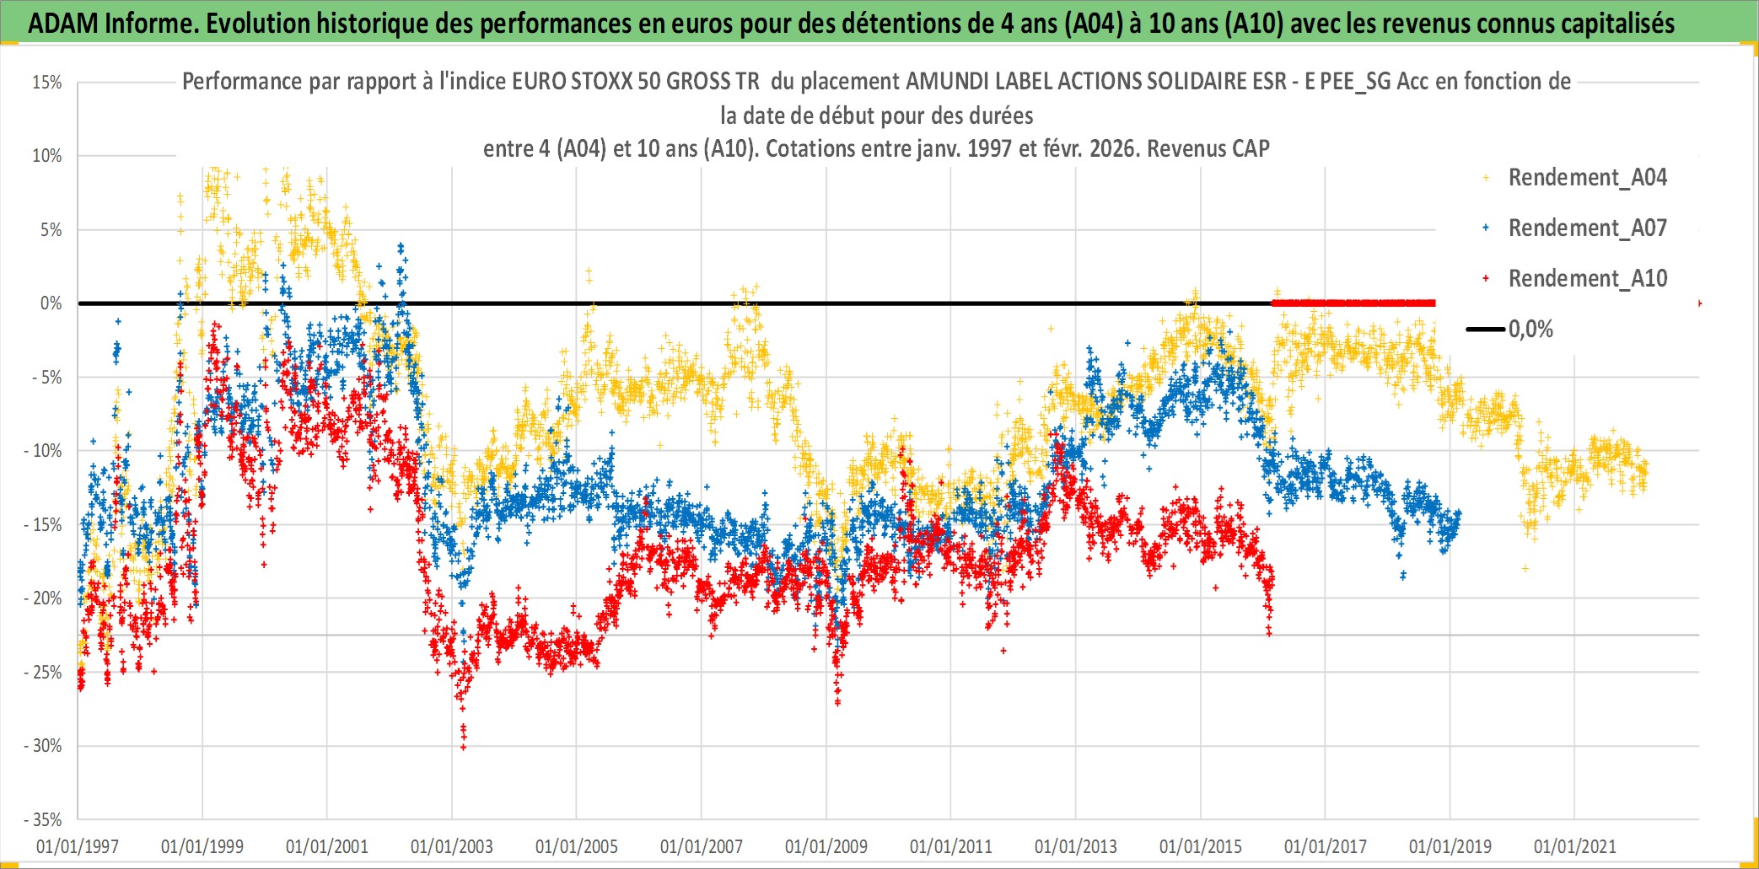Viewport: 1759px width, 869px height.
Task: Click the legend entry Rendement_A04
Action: pyautogui.click(x=1587, y=178)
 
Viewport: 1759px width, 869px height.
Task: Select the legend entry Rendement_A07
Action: pyautogui.click(x=1587, y=228)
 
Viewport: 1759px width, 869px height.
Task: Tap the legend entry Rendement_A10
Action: pyautogui.click(x=1587, y=279)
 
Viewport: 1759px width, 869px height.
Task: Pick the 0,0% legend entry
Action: pyautogui.click(x=1530, y=330)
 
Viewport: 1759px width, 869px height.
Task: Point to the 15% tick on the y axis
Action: pyautogui.click(x=47, y=83)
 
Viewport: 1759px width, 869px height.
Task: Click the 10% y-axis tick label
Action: pyautogui.click(x=47, y=156)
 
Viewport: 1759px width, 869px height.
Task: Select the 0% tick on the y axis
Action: pyautogui.click(x=51, y=303)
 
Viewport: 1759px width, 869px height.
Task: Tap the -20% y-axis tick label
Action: pyautogui.click(x=44, y=598)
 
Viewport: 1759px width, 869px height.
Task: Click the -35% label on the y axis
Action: pyautogui.click(x=44, y=819)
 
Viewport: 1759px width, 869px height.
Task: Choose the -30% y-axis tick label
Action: pyautogui.click(x=44, y=746)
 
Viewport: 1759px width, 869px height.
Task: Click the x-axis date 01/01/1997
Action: pyautogui.click(x=78, y=846)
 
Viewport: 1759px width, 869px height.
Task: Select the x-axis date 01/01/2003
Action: pyautogui.click(x=452, y=846)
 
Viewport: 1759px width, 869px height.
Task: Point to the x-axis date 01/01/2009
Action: pyautogui.click(x=826, y=846)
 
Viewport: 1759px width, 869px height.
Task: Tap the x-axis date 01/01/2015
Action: pyautogui.click(x=1201, y=846)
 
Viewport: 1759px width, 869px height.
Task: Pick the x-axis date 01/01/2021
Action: pyautogui.click(x=1575, y=846)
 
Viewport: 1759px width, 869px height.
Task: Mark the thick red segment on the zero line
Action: pyautogui.click(x=1353, y=303)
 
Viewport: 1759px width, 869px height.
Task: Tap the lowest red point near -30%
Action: pyautogui.click(x=463, y=747)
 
